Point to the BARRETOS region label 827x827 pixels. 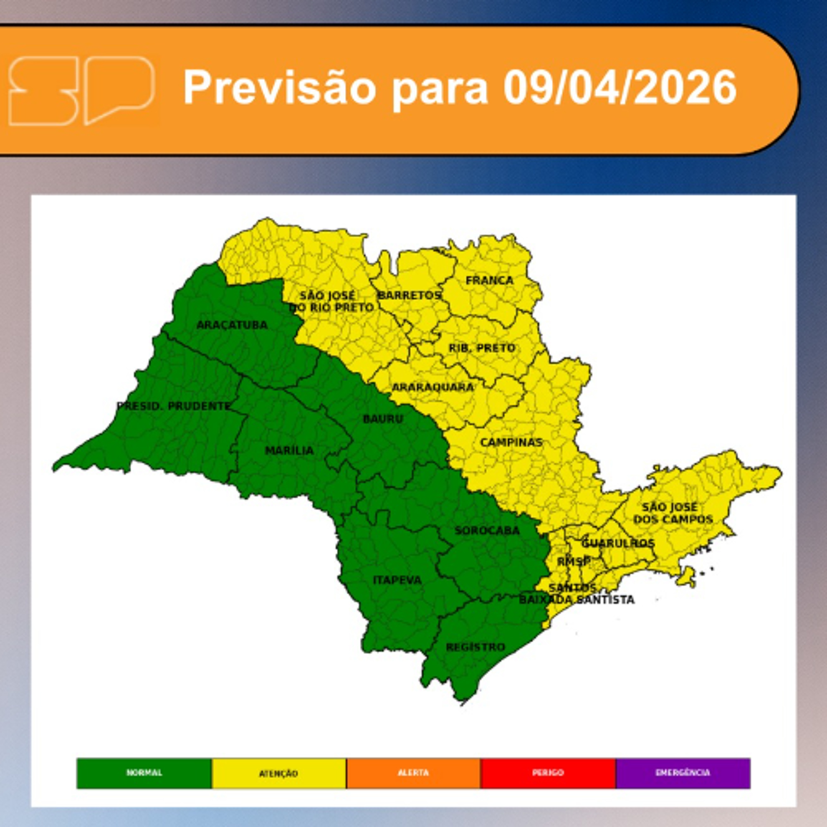pos(409,295)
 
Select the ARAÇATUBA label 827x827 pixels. pos(232,325)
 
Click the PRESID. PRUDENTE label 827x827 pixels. pos(174,406)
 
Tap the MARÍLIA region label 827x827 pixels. pos(289,451)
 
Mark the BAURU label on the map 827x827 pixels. pos(383,419)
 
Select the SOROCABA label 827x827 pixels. pos(487,531)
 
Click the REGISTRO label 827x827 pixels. pos(475,647)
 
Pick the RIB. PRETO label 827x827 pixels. pos(482,348)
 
